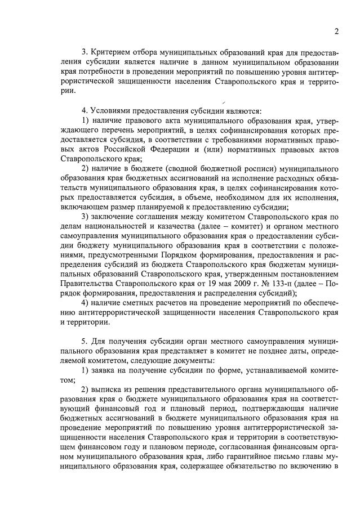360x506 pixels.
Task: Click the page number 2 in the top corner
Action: [x=336, y=31]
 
